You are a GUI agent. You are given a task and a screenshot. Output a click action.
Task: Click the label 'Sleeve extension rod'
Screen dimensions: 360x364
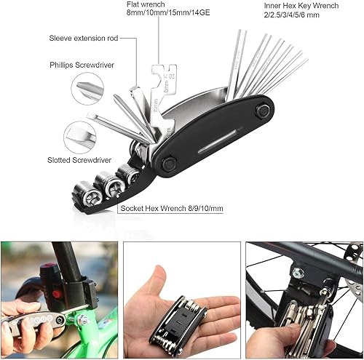[x=83, y=37]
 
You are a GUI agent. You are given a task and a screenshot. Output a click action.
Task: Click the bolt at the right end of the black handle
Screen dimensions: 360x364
[x=263, y=111]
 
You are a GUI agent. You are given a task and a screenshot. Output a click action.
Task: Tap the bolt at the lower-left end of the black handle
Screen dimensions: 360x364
[x=170, y=165]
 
